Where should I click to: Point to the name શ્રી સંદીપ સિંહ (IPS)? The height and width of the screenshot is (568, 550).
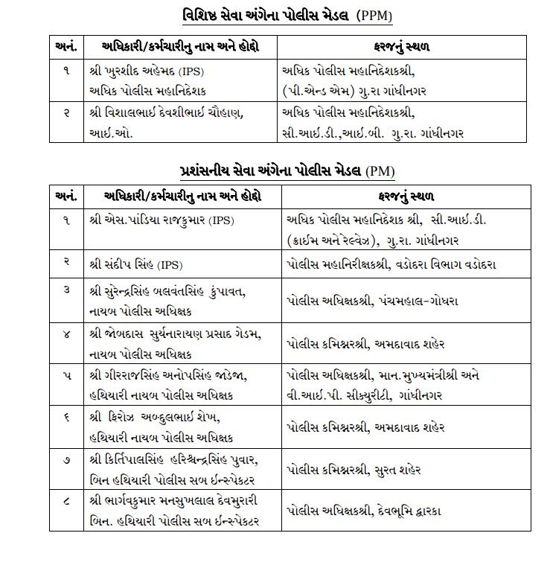(140, 264)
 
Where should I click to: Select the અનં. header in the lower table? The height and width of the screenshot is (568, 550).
(66, 197)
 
